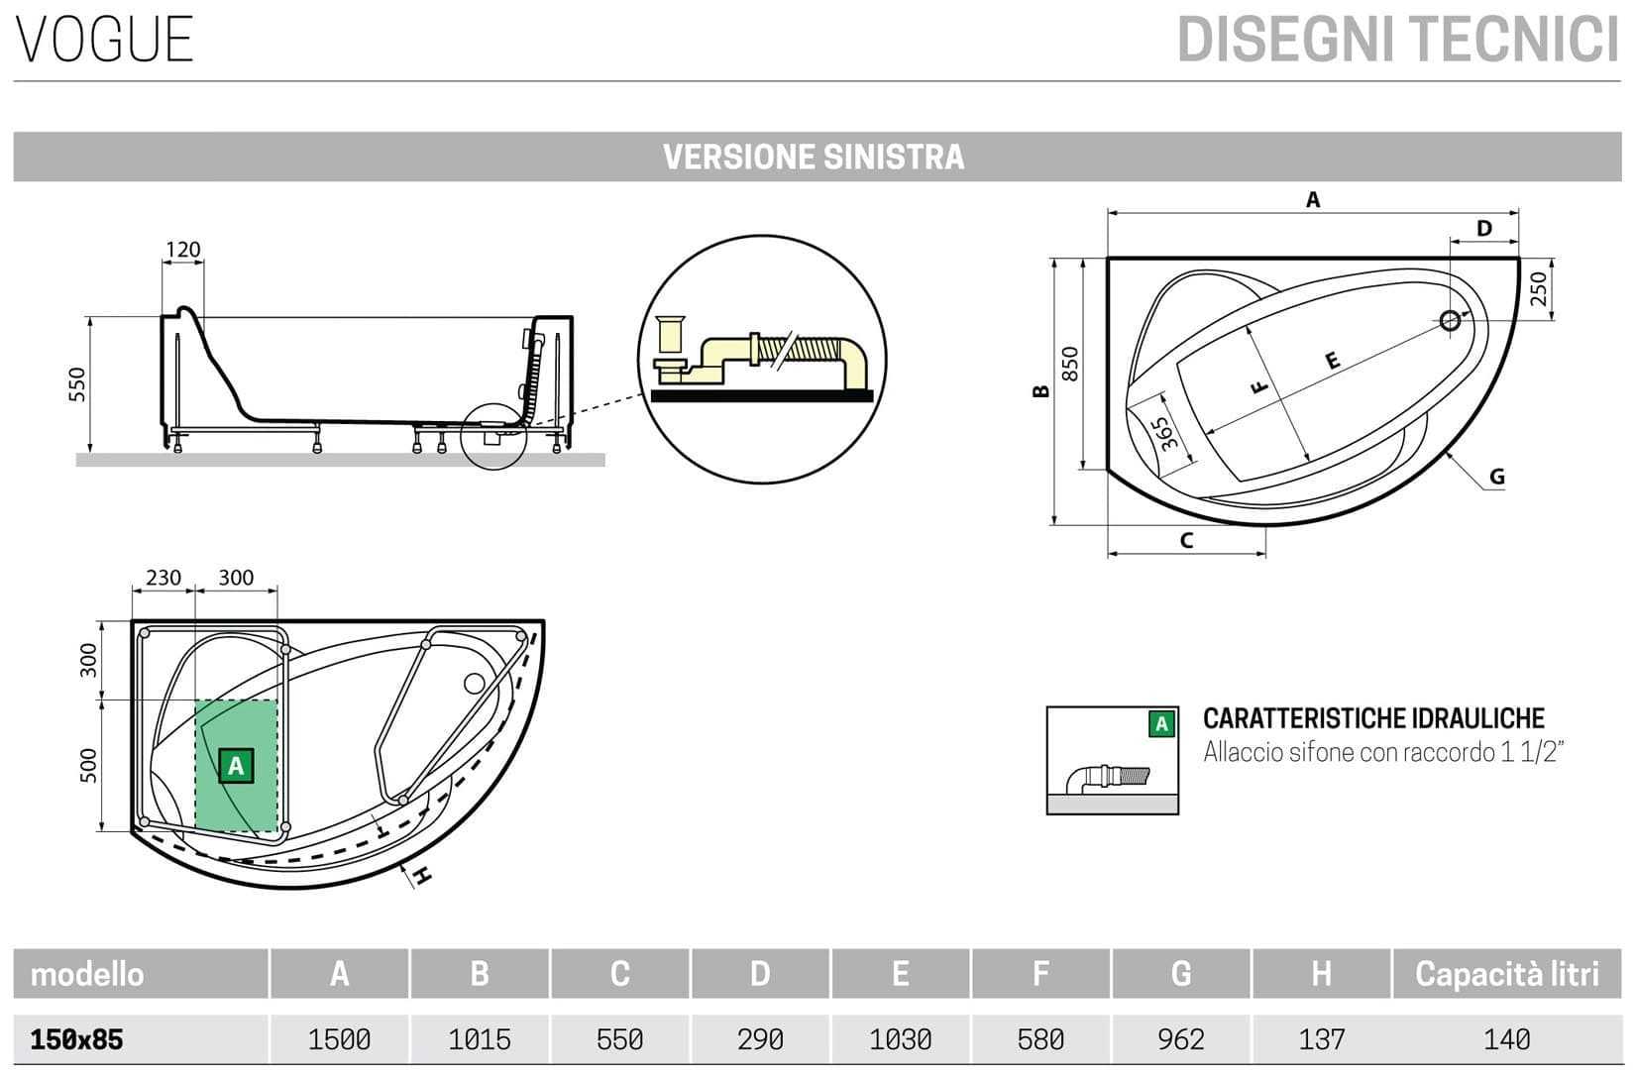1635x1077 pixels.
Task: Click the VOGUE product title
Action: tap(104, 40)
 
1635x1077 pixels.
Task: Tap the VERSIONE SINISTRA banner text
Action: tap(813, 157)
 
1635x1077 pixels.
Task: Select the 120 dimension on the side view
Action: tap(182, 249)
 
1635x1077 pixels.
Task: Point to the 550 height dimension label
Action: tap(77, 384)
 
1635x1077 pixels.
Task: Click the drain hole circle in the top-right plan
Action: tap(1450, 320)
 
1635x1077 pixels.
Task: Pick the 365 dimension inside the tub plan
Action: tap(1165, 433)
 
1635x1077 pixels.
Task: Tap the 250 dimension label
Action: tap(1538, 288)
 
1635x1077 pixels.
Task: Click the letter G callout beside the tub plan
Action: tap(1496, 478)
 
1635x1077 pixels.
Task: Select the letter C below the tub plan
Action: tap(1186, 541)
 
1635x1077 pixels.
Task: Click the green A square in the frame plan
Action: tap(236, 765)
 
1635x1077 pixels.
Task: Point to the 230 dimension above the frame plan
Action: tap(163, 577)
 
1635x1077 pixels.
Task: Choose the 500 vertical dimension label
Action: tap(89, 765)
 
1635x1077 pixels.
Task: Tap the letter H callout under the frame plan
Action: tap(422, 876)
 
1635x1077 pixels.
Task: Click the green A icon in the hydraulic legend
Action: tap(1161, 724)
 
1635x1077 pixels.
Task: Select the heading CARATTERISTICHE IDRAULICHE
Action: tap(1373, 718)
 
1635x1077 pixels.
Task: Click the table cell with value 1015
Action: tap(480, 1039)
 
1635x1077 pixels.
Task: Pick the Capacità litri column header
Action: tap(1506, 974)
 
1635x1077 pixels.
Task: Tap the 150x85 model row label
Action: tap(77, 1039)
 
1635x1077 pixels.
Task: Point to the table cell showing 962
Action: tap(1181, 1039)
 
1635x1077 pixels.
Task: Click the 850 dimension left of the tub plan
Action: tap(1069, 363)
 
